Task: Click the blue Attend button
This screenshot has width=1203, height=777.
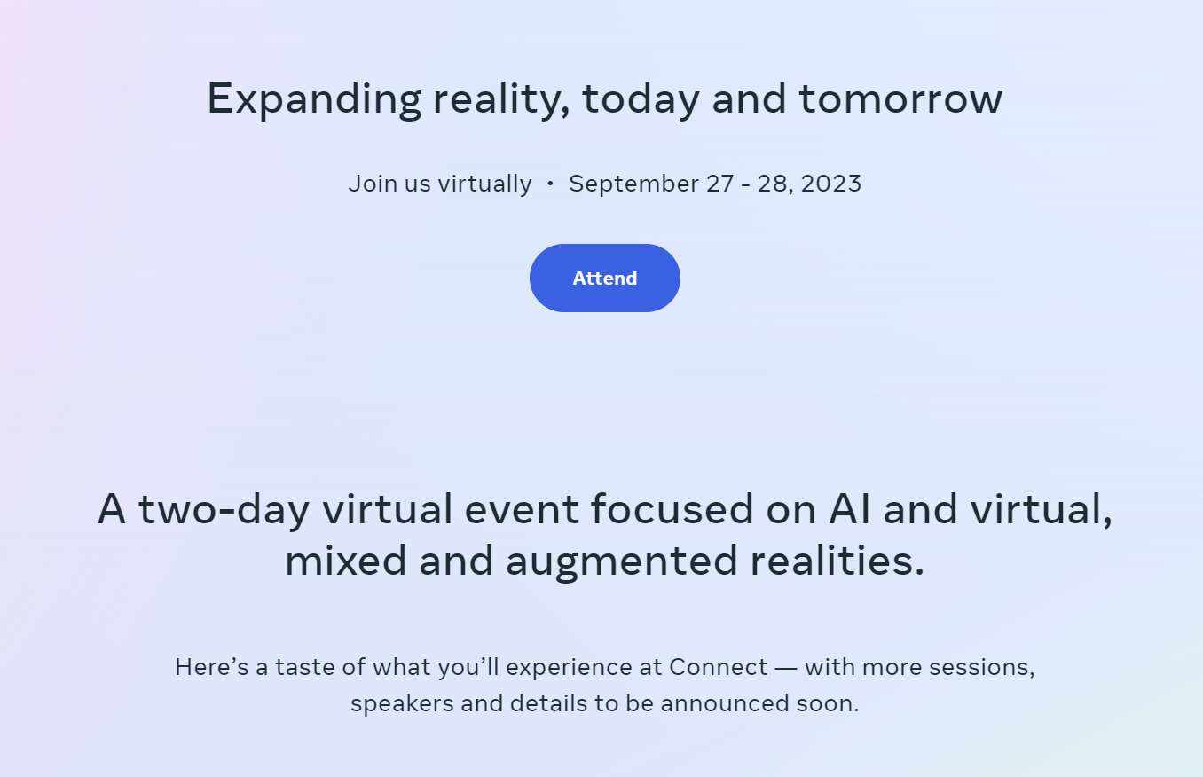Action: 605,279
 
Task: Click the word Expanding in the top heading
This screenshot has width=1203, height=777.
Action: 314,100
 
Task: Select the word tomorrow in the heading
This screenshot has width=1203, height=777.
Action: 900,98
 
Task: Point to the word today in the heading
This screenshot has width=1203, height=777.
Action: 641,100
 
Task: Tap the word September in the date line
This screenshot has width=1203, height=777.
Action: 633,184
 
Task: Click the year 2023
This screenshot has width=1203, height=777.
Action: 830,184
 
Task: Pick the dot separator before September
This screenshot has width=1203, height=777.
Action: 550,184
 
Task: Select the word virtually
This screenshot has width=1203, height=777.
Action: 485,184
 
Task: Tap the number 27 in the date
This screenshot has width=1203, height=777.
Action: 719,184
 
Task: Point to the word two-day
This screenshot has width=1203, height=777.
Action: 224,510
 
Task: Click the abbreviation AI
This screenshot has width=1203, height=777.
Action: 849,508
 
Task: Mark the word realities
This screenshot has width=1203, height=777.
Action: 837,560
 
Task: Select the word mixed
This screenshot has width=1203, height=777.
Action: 345,560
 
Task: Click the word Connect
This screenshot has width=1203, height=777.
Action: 718,668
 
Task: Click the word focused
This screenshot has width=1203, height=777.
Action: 672,508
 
